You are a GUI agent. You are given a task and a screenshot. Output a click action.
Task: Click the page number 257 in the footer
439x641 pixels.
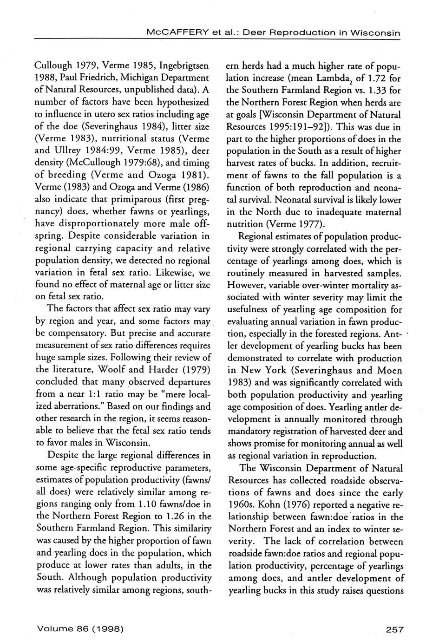(395, 629)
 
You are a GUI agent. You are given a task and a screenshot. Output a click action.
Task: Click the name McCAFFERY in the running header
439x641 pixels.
(170, 33)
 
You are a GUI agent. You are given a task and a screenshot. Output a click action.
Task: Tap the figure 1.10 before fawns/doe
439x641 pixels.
(150, 504)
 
